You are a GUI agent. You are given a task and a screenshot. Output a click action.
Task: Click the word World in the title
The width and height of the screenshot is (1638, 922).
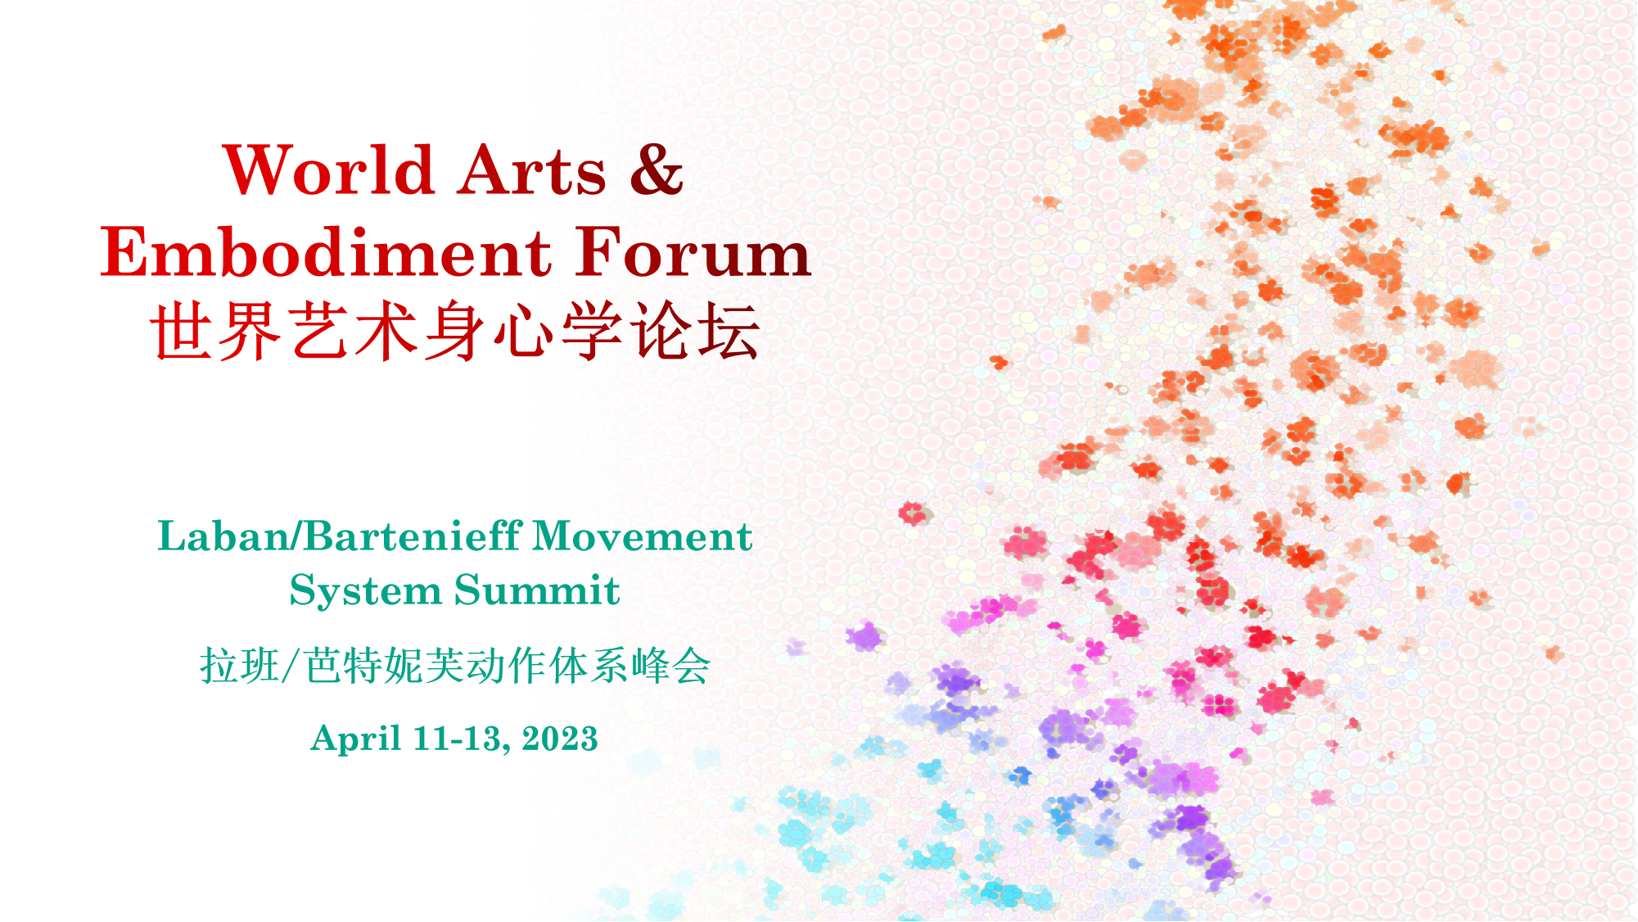click(x=328, y=170)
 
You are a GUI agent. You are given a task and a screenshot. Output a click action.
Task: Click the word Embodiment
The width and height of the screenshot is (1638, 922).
click(x=326, y=252)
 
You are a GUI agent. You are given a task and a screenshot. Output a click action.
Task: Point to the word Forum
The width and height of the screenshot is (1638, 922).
click(x=693, y=252)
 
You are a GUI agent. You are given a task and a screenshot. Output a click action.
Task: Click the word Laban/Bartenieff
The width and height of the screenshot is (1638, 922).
click(x=340, y=537)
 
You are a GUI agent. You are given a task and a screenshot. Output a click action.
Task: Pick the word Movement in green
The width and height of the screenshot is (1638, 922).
click(x=643, y=537)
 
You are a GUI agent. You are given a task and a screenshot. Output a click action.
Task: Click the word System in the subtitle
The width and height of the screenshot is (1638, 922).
click(x=365, y=591)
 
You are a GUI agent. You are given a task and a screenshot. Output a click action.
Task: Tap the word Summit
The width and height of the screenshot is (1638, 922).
click(x=537, y=590)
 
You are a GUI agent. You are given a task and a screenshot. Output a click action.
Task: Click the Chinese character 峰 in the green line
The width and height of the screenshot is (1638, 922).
click(x=651, y=666)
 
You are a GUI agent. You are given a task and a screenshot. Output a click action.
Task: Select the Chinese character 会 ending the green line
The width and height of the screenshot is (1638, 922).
click(x=691, y=666)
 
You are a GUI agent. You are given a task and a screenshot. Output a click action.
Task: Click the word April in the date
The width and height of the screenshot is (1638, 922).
click(x=356, y=739)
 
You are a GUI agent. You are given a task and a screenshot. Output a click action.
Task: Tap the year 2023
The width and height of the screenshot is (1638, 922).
click(x=560, y=739)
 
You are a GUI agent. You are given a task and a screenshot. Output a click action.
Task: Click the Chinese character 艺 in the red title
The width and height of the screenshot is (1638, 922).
click(x=318, y=331)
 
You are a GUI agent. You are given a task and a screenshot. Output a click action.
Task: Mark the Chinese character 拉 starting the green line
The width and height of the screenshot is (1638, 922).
click(x=219, y=666)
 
